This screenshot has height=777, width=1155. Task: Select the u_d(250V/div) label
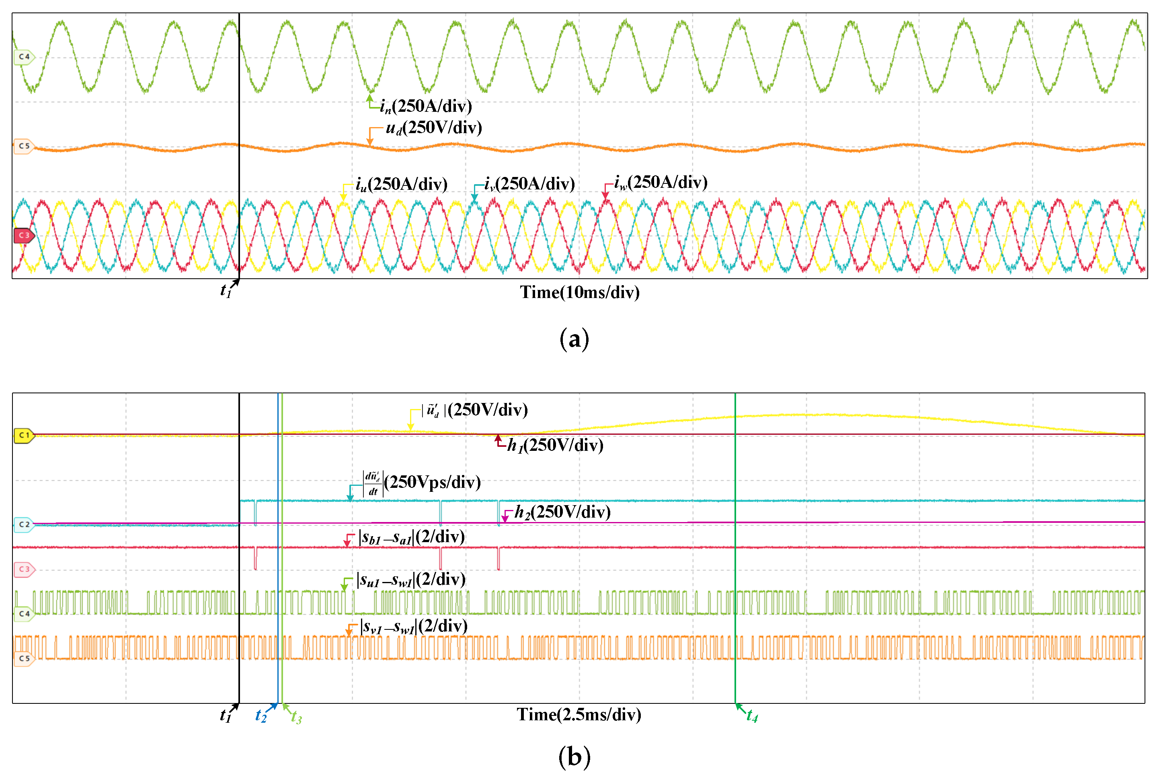click(x=433, y=128)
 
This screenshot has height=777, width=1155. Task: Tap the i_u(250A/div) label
click(x=401, y=184)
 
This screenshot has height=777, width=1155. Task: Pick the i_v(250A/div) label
click(x=529, y=184)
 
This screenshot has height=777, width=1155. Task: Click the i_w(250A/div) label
click(x=660, y=182)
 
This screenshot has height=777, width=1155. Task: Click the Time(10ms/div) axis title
click(x=579, y=292)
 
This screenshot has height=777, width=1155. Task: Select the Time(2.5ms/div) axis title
click(x=579, y=715)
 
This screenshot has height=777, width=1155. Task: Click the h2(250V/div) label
click(x=562, y=512)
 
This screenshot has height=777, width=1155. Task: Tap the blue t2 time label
click(x=261, y=716)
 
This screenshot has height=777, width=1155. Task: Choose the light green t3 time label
click(x=296, y=717)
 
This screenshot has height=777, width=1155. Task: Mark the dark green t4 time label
click(x=752, y=716)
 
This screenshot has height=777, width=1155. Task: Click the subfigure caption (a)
click(x=574, y=339)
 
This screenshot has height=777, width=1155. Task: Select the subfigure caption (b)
click(x=574, y=756)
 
